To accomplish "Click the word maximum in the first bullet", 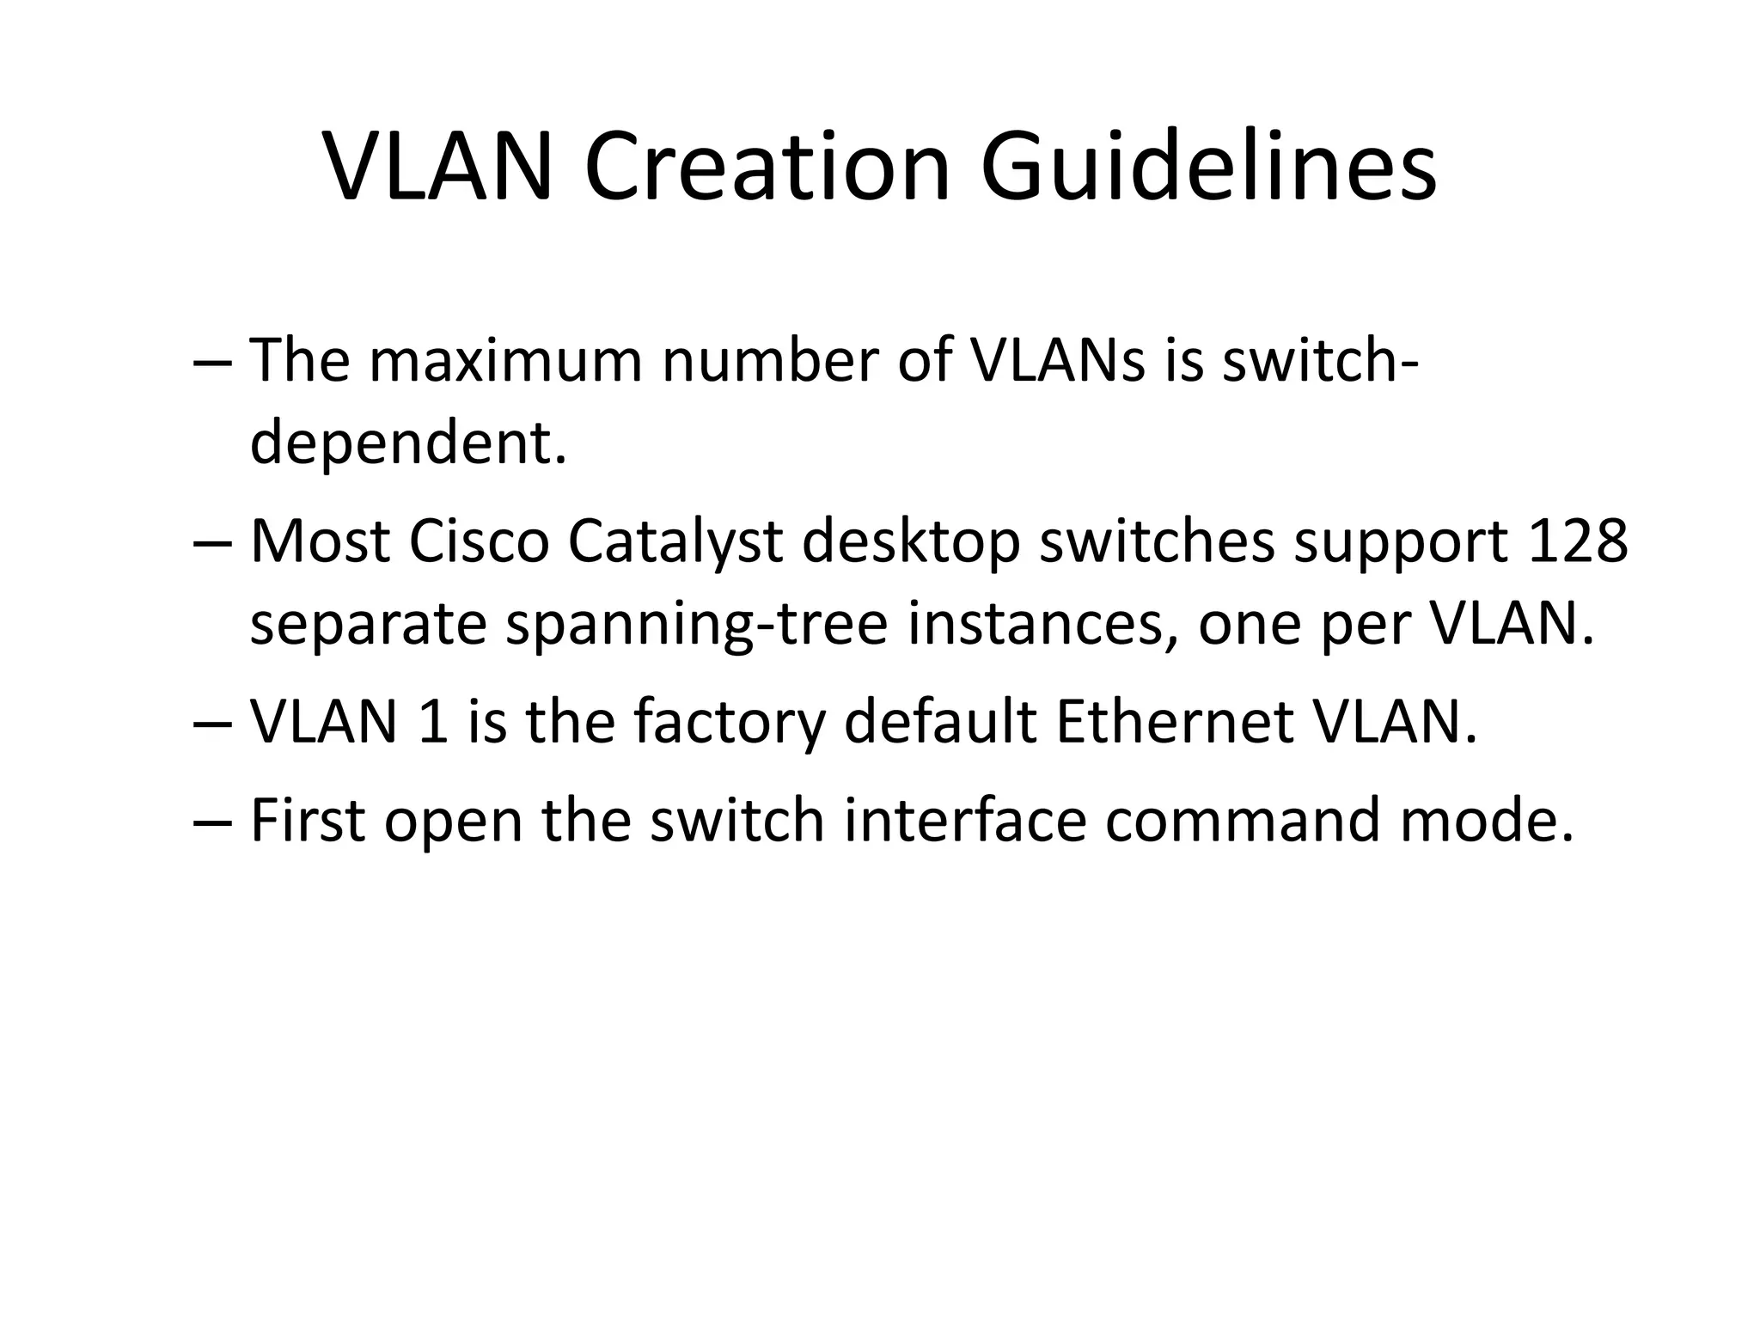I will coord(505,361).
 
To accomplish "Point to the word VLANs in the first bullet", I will coord(1057,361).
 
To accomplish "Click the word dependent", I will coord(408,444).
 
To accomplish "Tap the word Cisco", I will coord(479,542).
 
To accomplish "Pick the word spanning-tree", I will coord(696,626).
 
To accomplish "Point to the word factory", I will coord(729,722).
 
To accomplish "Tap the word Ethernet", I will coord(1175,722).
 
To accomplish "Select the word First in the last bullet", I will coord(308,820).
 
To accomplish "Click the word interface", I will coord(965,820).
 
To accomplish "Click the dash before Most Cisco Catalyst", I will coord(212,544).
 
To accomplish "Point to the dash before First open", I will coord(212,822).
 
